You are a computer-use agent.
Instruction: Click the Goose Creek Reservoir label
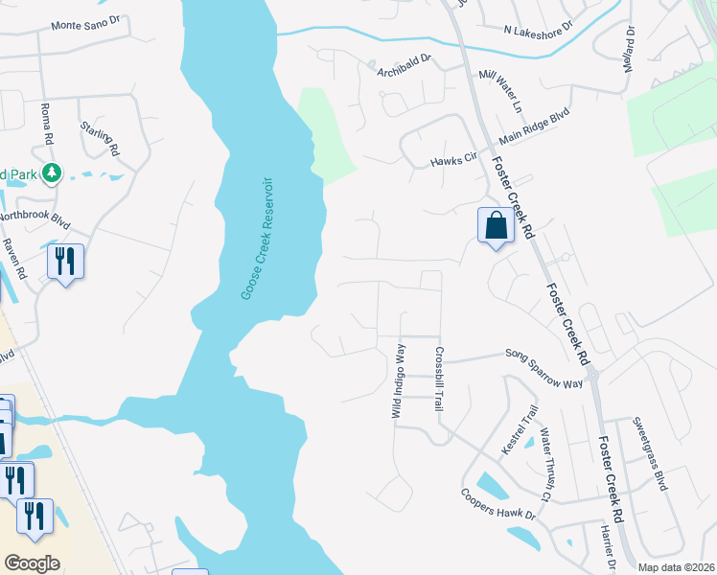(x=257, y=237)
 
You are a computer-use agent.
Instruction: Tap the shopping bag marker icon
(x=496, y=227)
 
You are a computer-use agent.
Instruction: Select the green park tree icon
(x=52, y=173)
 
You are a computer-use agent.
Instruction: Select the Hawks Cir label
(x=453, y=161)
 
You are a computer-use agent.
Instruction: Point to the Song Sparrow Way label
(x=544, y=369)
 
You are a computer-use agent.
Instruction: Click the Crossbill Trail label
(x=440, y=379)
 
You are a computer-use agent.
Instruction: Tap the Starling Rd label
(x=100, y=138)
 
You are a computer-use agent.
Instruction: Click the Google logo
(x=32, y=563)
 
